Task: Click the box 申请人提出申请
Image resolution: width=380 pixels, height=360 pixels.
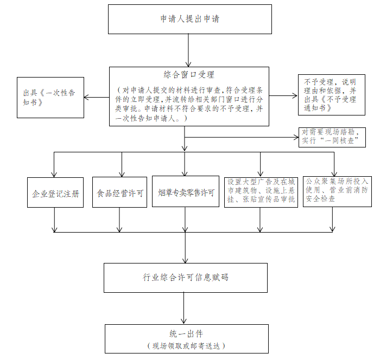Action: (190, 19)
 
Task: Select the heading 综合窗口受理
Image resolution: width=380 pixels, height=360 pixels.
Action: (189, 75)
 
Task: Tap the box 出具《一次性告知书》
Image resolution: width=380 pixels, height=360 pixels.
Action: (50, 98)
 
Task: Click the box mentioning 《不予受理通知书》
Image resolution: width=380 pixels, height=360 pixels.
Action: (332, 95)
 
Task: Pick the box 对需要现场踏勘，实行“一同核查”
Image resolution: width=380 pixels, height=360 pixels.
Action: (332, 137)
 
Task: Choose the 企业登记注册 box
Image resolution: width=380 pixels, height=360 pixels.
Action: (55, 192)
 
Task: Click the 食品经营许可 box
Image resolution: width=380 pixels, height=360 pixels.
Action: (120, 192)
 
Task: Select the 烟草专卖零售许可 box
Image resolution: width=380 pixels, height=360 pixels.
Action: (186, 191)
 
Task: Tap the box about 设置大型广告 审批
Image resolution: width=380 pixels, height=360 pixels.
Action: (261, 192)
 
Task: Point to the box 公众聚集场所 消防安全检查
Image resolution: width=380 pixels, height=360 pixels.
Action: (337, 191)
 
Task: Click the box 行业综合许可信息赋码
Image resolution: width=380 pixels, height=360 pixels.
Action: (186, 278)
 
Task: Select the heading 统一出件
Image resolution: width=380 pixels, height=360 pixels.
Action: (186, 334)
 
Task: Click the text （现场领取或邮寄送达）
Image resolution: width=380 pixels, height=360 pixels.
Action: (186, 346)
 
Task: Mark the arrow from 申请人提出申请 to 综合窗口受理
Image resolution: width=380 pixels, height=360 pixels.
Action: (188, 50)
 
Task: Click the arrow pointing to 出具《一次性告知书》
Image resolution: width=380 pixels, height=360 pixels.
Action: (97, 98)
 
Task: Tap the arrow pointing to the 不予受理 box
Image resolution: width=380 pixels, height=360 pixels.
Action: (283, 95)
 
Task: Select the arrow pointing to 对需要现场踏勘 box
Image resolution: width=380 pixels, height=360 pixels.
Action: (242, 137)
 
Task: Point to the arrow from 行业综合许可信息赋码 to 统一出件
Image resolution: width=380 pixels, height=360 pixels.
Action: (183, 308)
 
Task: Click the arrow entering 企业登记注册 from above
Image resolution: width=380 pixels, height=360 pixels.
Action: (54, 165)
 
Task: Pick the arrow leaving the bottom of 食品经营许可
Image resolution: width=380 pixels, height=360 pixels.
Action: (119, 220)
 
